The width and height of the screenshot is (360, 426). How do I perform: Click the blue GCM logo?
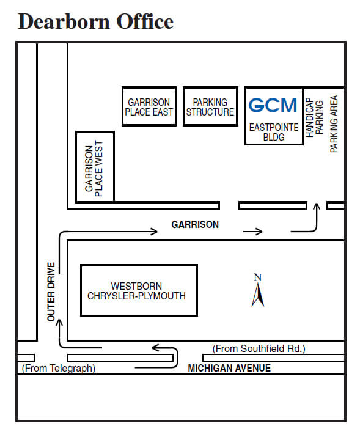273,105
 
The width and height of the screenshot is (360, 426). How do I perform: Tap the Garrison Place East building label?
149,107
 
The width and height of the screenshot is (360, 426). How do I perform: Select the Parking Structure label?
210,107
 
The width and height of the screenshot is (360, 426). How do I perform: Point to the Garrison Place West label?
94,169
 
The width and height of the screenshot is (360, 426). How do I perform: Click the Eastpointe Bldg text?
274,132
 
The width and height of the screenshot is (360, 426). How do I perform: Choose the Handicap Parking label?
314,117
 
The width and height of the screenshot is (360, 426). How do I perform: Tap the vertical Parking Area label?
334,124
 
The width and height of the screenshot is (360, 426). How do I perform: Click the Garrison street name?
195,224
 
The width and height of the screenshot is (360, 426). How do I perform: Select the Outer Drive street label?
51,292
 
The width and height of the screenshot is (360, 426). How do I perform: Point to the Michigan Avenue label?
229,368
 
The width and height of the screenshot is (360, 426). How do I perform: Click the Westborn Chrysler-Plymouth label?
136,291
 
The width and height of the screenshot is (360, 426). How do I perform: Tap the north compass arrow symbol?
258,295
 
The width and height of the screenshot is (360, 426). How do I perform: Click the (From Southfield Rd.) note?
259,348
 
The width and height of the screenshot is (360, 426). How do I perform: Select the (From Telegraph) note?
59,368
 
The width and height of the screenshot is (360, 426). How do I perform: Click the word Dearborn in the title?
64,21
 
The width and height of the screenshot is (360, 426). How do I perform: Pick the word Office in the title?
145,21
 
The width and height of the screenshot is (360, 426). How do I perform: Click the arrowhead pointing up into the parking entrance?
316,207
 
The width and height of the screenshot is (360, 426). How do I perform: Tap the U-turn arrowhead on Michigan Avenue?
155,348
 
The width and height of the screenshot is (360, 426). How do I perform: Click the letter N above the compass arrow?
258,277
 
